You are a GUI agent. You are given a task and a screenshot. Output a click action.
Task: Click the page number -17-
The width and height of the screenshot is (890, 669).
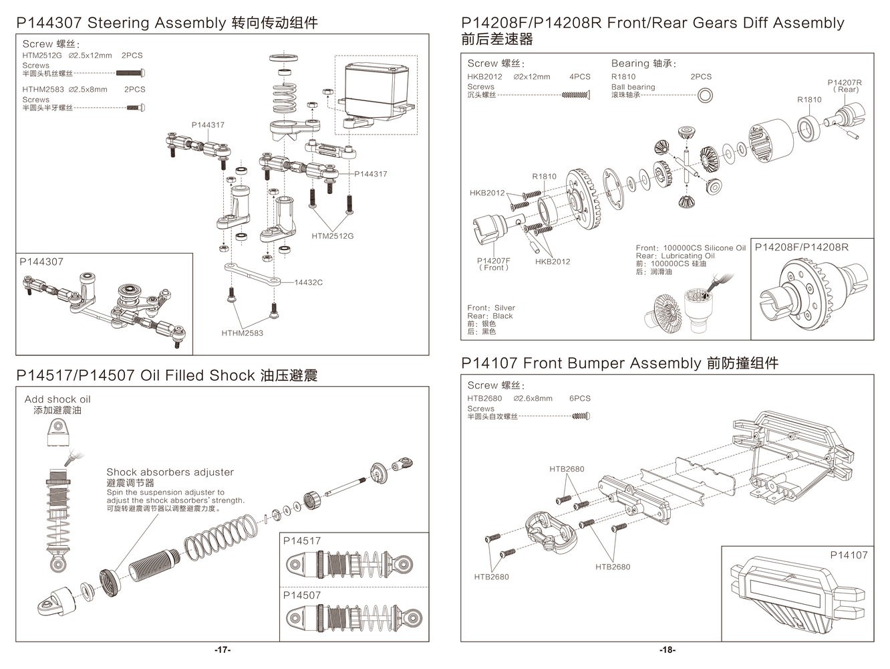pyautogui.click(x=222, y=650)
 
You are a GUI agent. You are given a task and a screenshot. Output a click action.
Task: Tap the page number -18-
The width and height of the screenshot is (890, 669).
pyautogui.click(x=667, y=650)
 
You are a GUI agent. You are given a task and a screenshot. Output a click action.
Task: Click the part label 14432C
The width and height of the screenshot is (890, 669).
pyautogui.click(x=308, y=282)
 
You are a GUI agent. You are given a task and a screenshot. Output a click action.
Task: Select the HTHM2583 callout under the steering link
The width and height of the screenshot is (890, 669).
pyautogui.click(x=242, y=332)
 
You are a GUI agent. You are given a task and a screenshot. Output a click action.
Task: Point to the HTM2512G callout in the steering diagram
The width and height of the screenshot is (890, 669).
pyautogui.click(x=332, y=236)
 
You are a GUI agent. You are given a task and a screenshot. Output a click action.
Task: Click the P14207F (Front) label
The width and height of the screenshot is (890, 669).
pyautogui.click(x=494, y=264)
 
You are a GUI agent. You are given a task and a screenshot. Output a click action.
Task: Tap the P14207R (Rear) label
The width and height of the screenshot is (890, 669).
pyautogui.click(x=845, y=86)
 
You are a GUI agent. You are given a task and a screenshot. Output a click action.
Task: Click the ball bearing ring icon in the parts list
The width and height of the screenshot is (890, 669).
pyautogui.click(x=704, y=96)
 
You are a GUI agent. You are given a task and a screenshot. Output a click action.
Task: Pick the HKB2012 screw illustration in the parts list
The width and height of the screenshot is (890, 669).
pyautogui.click(x=576, y=96)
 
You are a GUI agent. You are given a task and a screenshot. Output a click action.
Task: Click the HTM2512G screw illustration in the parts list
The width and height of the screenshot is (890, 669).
pyautogui.click(x=131, y=74)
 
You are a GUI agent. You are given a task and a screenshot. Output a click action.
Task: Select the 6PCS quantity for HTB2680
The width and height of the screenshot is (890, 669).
pyautogui.click(x=580, y=398)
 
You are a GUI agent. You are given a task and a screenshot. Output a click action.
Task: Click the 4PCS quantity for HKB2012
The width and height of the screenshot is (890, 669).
pyautogui.click(x=580, y=76)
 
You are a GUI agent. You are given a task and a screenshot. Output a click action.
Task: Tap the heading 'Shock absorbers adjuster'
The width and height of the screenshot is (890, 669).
pyautogui.click(x=170, y=472)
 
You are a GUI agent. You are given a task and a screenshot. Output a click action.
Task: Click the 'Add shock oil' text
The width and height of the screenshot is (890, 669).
pyautogui.click(x=57, y=399)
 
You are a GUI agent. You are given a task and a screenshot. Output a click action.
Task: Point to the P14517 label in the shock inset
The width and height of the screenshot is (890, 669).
pyautogui.click(x=302, y=541)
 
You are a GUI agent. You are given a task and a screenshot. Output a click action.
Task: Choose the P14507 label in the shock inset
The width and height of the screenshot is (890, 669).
pyautogui.click(x=302, y=595)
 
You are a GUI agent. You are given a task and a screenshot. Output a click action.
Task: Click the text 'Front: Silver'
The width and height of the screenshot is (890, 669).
pyautogui.click(x=491, y=308)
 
